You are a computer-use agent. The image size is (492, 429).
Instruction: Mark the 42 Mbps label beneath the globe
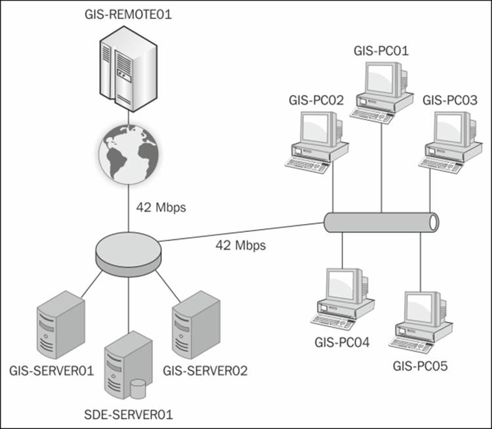click(x=161, y=208)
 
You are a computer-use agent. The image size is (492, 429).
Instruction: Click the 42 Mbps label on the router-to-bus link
click(x=240, y=246)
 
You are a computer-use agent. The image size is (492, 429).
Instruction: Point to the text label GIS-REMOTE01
click(x=128, y=14)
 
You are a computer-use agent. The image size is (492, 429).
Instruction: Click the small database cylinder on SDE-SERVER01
click(x=138, y=388)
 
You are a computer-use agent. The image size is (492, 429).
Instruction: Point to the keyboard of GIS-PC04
click(x=335, y=321)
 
